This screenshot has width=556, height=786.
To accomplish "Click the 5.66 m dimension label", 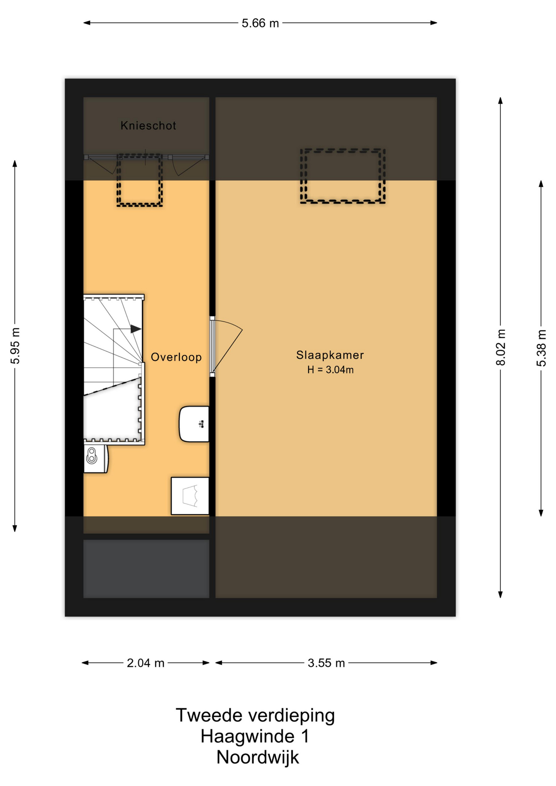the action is pyautogui.click(x=260, y=23).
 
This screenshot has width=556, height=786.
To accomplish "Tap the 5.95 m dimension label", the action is pyautogui.click(x=15, y=346).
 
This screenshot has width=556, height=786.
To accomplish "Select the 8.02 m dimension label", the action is pyautogui.click(x=500, y=347).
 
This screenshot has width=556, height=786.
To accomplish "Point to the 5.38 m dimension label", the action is pyautogui.click(x=541, y=348).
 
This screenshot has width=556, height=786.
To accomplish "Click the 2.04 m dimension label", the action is pyautogui.click(x=145, y=663).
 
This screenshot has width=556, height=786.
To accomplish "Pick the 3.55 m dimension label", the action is pyautogui.click(x=326, y=663).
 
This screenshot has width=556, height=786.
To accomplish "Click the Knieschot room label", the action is pyautogui.click(x=148, y=126).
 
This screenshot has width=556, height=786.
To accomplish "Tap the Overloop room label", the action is pyautogui.click(x=176, y=357).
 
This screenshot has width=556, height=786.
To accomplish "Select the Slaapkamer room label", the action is pyautogui.click(x=330, y=355).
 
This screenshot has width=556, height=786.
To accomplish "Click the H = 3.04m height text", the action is pyautogui.click(x=330, y=370).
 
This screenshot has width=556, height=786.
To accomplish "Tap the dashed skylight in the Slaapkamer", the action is pyautogui.click(x=343, y=176).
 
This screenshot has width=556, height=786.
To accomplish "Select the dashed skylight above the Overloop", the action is pyautogui.click(x=140, y=180).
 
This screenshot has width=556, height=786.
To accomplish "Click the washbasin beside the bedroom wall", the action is pyautogui.click(x=194, y=424).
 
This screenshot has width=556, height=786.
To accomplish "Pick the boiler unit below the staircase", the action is pyautogui.click(x=96, y=458).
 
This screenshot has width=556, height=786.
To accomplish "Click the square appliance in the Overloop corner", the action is pyautogui.click(x=190, y=496).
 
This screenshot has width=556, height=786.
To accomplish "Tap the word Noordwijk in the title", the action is pyautogui.click(x=258, y=757).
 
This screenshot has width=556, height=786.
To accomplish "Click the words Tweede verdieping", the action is pyautogui.click(x=255, y=716).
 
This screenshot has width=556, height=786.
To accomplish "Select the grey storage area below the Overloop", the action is pyautogui.click(x=146, y=569).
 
